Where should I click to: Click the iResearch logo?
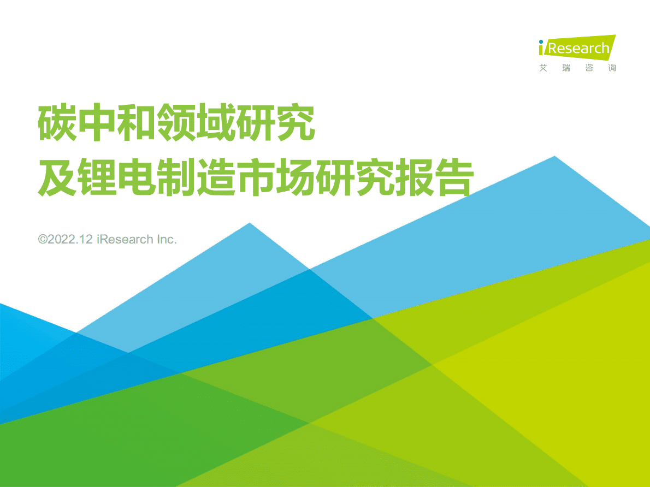pos(577,47)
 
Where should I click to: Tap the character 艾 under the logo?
pos(542,68)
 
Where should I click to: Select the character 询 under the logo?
pos(612,68)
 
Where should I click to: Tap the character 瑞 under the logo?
pos(566,68)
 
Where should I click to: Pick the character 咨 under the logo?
pos(589,68)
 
